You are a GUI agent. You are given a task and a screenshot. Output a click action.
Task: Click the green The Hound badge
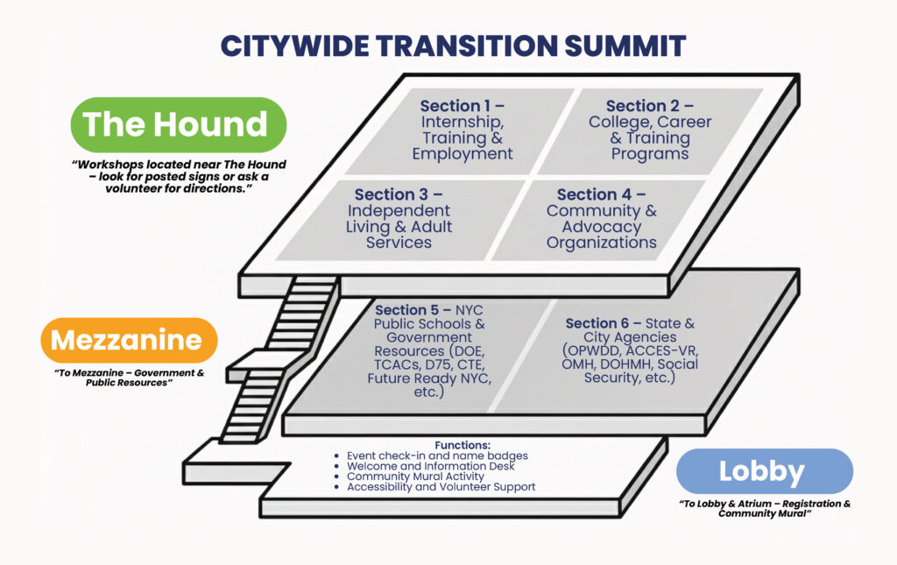click(179, 124)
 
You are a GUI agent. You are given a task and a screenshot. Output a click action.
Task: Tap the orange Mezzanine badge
click(129, 340)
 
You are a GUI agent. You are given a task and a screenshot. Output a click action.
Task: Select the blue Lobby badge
click(764, 471)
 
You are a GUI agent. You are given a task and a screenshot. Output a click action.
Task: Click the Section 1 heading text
click(462, 107)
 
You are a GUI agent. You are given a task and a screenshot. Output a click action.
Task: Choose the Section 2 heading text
click(649, 107)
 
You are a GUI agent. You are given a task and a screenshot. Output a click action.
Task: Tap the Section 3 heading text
click(398, 194)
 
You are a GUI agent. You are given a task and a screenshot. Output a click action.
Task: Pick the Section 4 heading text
click(601, 194)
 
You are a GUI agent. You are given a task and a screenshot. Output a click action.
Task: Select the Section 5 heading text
click(414, 310)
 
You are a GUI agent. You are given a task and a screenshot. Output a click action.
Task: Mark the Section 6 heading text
click(604, 323)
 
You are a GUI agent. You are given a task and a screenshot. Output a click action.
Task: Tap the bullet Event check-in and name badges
click(437, 456)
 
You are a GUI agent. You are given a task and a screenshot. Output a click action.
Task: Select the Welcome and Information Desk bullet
click(430, 466)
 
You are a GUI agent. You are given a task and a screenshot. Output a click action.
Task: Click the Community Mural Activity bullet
click(415, 477)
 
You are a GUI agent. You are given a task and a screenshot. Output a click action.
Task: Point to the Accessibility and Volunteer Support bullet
click(441, 487)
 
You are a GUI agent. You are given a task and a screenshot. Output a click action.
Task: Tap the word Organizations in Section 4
click(601, 243)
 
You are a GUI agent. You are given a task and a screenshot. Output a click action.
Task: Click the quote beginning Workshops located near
click(179, 176)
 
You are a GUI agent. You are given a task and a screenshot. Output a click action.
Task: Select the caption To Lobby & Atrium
click(764, 508)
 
